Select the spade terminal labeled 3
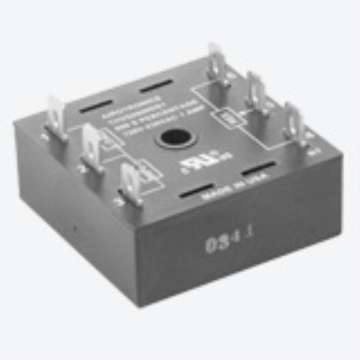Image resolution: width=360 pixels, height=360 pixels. pyautogui.click(x=131, y=178)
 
